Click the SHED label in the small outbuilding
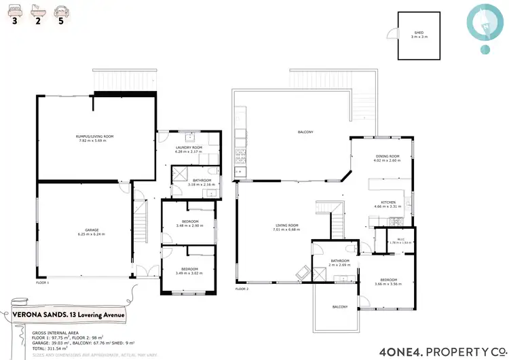(x=418, y=32)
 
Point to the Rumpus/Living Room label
(x=94, y=137)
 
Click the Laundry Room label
(x=189, y=147)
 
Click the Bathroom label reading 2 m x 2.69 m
(x=339, y=262)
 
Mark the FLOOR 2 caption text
(x=242, y=289)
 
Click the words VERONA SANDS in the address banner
(x=36, y=314)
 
